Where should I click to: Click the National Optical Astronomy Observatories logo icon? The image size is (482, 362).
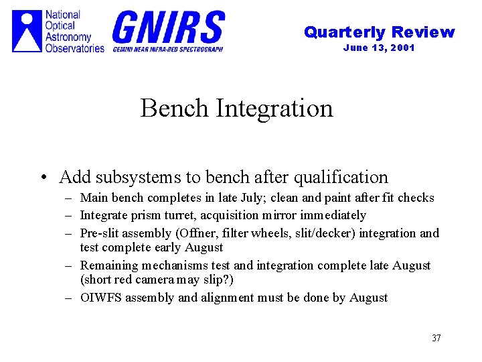(27, 31)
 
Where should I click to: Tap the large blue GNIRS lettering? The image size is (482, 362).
(169, 27)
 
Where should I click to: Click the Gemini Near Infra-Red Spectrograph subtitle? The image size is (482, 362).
(167, 49)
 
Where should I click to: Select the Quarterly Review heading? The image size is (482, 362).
(379, 32)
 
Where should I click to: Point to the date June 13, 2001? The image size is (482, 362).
(379, 48)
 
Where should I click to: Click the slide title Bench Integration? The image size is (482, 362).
(236, 108)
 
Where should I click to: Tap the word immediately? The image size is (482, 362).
(335, 215)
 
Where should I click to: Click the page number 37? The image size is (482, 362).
(436, 338)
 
